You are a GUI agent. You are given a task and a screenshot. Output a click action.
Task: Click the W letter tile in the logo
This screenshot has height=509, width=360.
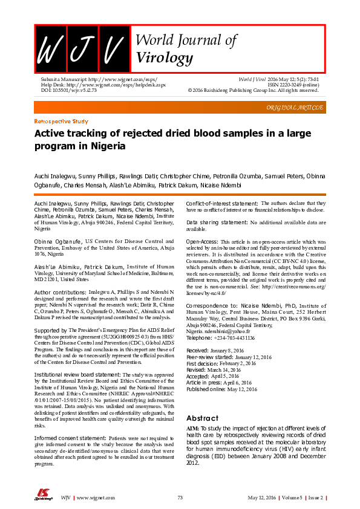(x=50, y=48)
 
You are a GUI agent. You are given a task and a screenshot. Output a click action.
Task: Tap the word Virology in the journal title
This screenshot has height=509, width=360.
(x=165, y=58)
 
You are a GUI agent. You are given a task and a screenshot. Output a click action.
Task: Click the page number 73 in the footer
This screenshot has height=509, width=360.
(x=180, y=497)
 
